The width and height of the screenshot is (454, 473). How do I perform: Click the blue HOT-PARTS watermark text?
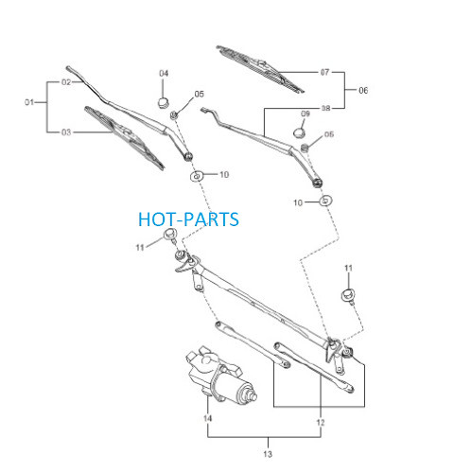click(x=188, y=219)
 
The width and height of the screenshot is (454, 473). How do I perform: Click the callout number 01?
click(x=29, y=102)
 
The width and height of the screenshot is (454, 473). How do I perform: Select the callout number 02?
click(x=66, y=82)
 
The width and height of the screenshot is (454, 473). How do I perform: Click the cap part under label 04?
click(x=164, y=102)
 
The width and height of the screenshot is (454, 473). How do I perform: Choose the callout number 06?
click(x=363, y=91)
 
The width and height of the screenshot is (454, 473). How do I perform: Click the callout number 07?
click(x=324, y=72)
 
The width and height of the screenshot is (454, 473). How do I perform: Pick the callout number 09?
click(x=306, y=114)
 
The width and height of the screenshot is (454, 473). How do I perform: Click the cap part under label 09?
click(x=299, y=132)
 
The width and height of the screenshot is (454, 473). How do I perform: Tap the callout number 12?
click(x=321, y=423)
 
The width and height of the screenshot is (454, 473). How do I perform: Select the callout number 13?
click(x=268, y=454)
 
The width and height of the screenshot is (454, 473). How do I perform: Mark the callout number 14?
click(x=207, y=418)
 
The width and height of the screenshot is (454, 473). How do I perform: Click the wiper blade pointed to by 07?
click(x=260, y=69)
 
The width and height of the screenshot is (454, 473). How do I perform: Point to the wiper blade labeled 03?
click(x=124, y=137)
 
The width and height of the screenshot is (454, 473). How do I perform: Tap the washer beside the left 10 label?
click(x=197, y=176)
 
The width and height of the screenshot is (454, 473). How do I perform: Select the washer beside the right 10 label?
click(x=326, y=201)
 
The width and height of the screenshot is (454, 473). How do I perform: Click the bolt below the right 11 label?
click(x=348, y=296)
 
